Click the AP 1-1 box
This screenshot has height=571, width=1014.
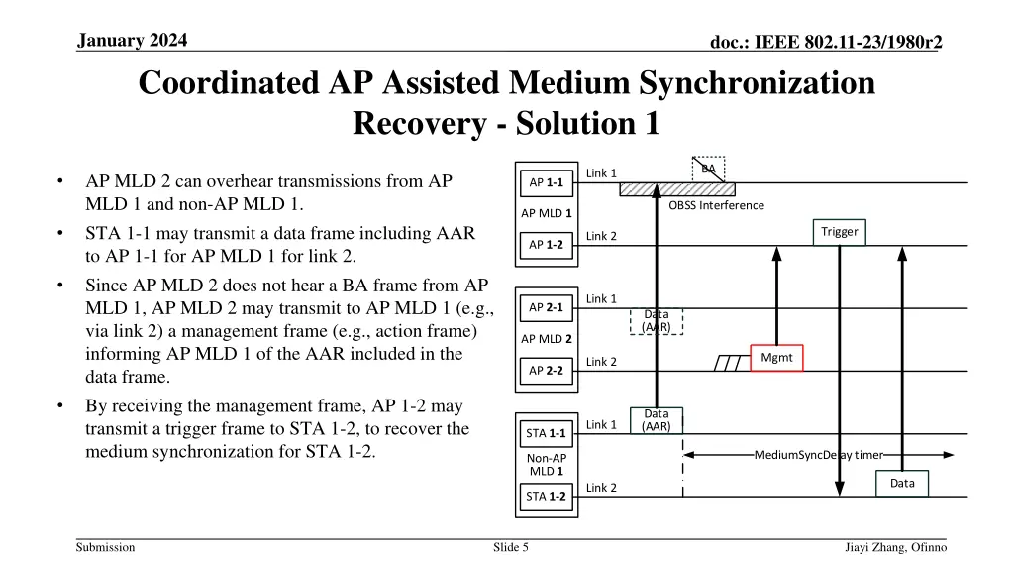point(546,181)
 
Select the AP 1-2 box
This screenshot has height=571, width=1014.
point(546,244)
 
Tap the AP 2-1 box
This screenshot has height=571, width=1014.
point(546,307)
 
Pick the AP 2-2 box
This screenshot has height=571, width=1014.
point(546,370)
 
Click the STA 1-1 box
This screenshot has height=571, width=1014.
point(546,433)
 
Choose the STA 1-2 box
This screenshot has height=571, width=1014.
point(546,496)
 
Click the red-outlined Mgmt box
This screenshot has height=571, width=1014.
point(776,358)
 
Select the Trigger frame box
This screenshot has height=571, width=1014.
point(839,232)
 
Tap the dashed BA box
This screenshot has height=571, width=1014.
point(708,170)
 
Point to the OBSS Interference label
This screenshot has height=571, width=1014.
point(716,205)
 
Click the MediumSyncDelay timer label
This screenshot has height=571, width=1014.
point(818,455)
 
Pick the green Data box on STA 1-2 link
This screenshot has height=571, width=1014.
point(902,483)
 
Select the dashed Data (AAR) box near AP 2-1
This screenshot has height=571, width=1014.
point(657,321)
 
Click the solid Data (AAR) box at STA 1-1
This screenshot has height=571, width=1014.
point(657,420)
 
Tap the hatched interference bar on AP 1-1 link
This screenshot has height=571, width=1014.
point(677,188)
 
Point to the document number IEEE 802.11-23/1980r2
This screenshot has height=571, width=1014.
point(825,41)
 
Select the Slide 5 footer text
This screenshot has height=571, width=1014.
point(511,547)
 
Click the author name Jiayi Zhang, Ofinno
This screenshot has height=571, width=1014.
point(895,547)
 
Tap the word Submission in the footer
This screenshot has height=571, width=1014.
point(105,547)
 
